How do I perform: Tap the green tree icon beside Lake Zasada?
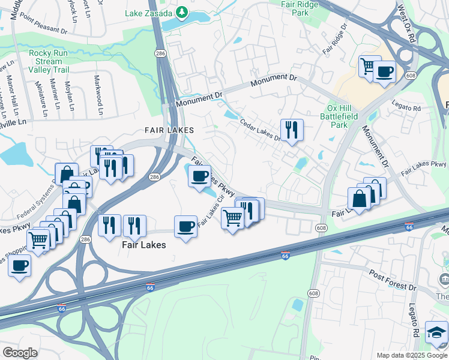pyautogui.click(x=181, y=13)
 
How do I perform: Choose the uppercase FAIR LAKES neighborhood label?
pyautogui.click(x=169, y=130)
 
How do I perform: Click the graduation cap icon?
pyautogui.click(x=436, y=332)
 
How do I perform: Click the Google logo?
pyautogui.click(x=20, y=353)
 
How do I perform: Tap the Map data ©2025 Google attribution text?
pyautogui.click(x=411, y=355)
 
